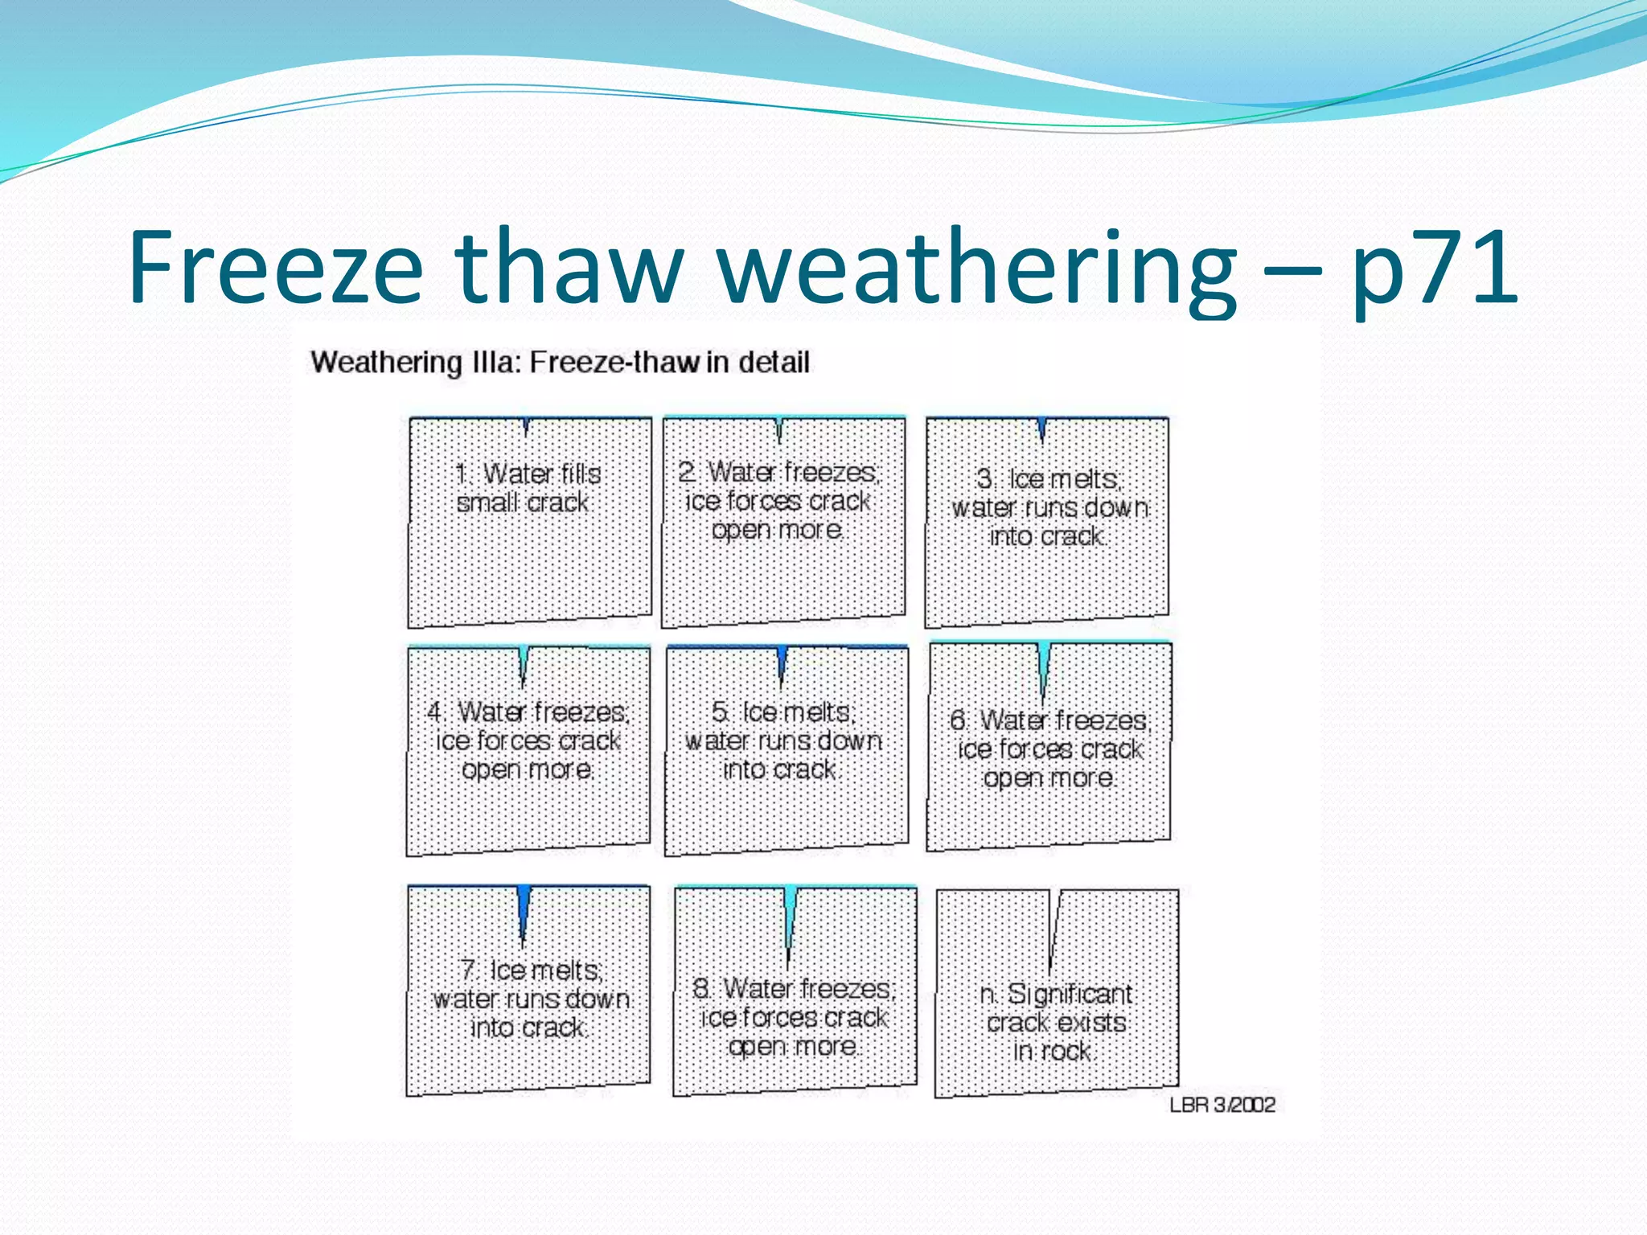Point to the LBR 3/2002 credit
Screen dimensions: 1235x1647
pos(1222,1105)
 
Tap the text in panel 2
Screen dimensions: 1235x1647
pos(778,501)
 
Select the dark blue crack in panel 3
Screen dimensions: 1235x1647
pos(1042,429)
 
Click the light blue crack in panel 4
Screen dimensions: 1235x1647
pos(524,663)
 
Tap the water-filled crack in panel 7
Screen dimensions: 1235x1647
pos(524,909)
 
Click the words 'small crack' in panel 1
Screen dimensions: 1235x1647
pos(523,503)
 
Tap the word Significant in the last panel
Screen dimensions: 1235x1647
pos(1070,995)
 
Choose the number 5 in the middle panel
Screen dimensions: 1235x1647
pos(720,712)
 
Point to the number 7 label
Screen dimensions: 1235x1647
pos(470,970)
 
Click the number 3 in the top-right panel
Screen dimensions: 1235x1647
pos(984,479)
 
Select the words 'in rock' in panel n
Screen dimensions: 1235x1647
pos(1051,1052)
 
